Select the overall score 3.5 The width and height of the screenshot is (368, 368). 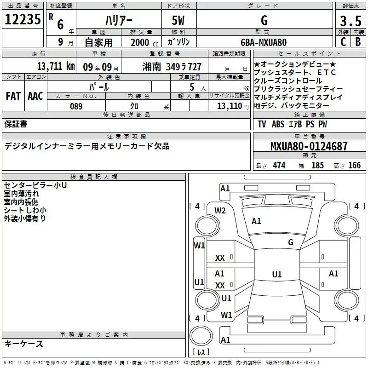coord(350,21)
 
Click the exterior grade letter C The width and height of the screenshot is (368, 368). coord(343,42)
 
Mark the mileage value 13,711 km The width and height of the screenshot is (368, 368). coord(55,66)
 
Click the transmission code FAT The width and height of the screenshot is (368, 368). coord(13,96)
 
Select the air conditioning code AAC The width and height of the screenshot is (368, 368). coord(35,96)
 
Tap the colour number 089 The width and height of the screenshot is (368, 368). coord(76,106)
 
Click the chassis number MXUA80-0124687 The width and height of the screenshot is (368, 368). coord(309,147)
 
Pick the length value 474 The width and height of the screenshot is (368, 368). coord(279,165)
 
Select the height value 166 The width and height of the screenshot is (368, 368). coord(354,165)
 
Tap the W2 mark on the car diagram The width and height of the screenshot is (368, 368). coord(220,211)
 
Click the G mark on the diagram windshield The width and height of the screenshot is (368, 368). coord(291,242)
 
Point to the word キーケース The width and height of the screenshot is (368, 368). coord(23,344)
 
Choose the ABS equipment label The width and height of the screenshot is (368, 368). coord(278,124)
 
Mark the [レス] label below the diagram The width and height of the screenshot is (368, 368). coord(201,352)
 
